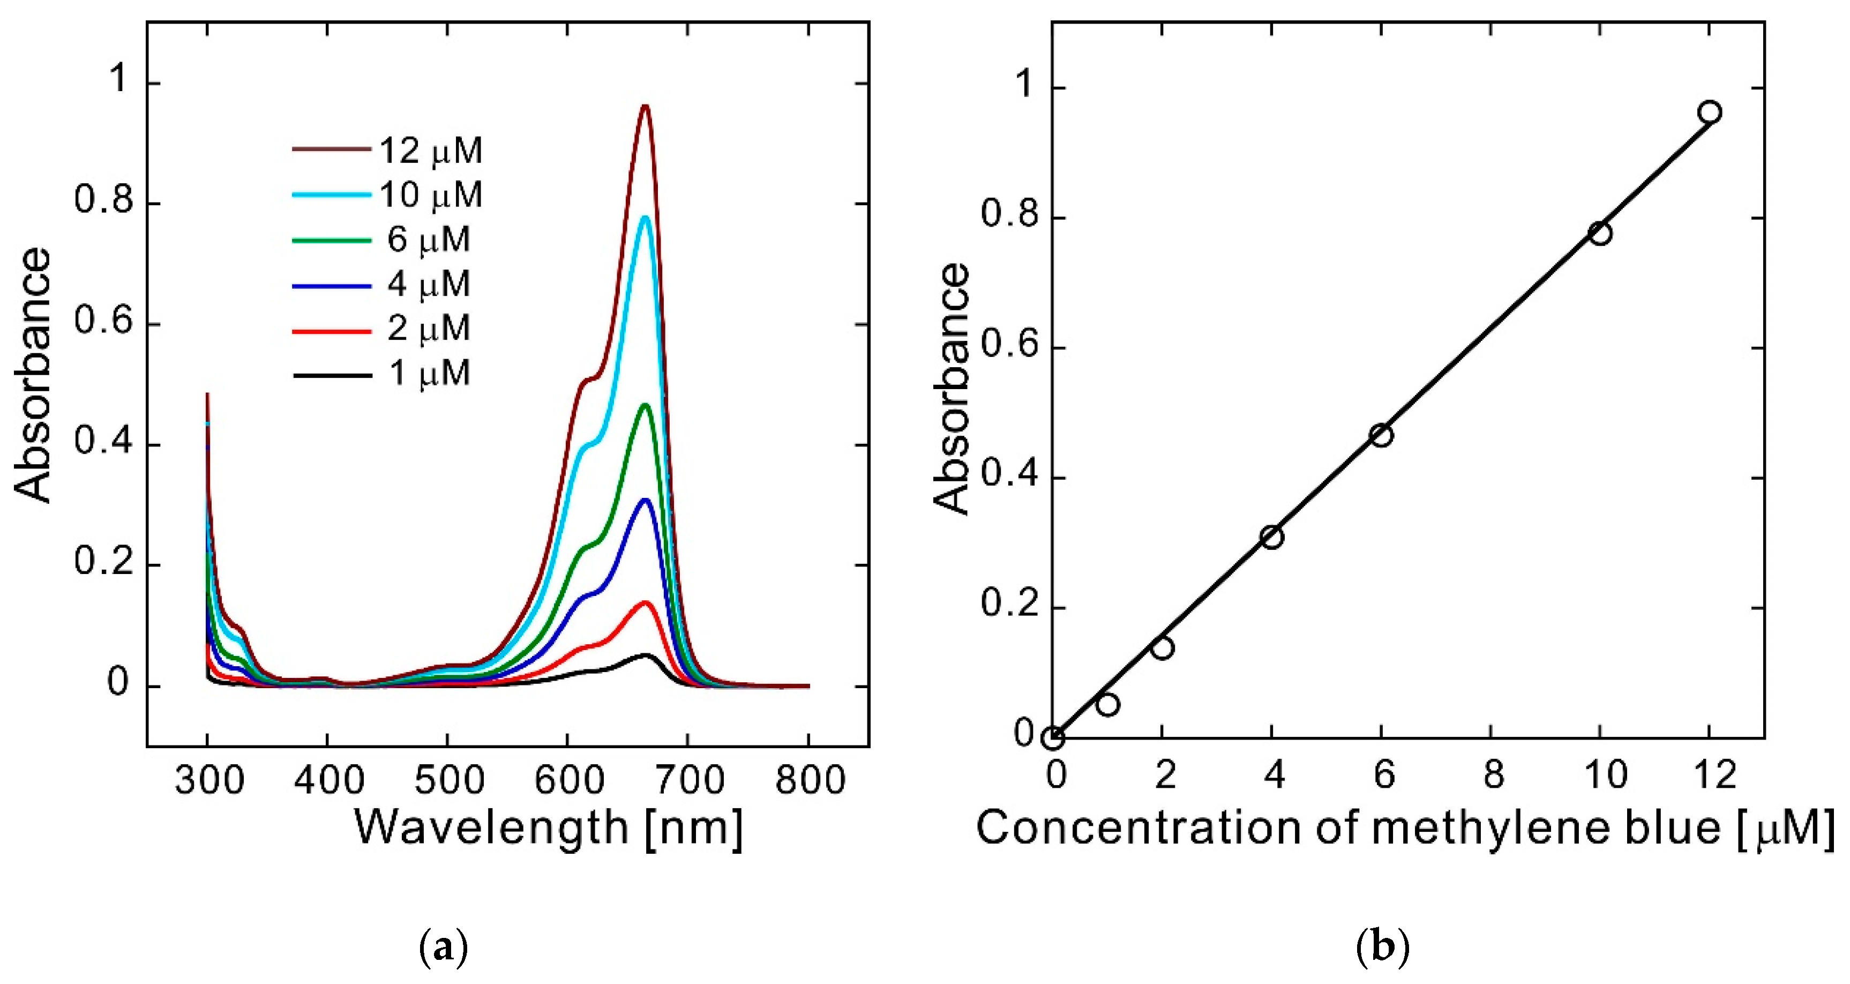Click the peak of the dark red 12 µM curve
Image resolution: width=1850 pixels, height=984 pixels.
coord(645,106)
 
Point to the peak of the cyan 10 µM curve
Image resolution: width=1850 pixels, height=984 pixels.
coord(645,217)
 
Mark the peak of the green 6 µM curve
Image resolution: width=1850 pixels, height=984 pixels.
coord(645,405)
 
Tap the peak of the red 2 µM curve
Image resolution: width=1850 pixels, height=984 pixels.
coord(645,602)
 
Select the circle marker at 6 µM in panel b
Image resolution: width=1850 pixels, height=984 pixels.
coord(1381,435)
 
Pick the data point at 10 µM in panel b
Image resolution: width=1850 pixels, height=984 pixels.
coord(1600,234)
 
